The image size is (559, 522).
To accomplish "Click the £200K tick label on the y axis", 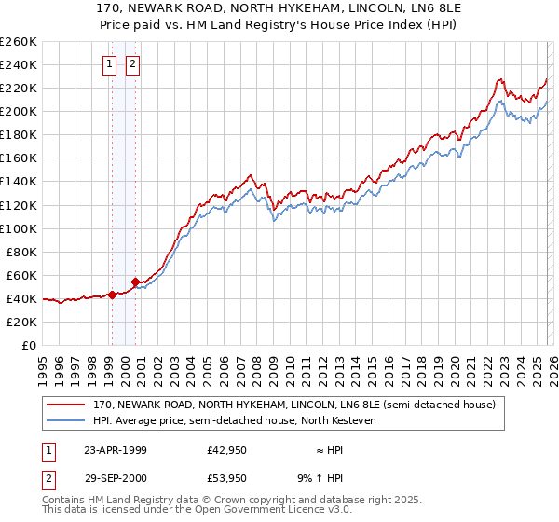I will pos(18,111).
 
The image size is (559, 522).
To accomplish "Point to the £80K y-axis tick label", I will pos(20,251).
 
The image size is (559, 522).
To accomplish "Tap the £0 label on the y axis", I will pos(29,345).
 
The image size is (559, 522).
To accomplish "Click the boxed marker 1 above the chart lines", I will pos(111,64).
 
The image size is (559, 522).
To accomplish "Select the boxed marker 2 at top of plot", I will pos(133,64).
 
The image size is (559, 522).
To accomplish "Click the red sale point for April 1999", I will pos(113,295).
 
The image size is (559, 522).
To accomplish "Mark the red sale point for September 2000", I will pos(136,282).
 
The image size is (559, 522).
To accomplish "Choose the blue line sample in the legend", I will pos(66,420).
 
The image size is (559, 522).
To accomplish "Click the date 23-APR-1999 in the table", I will pos(115,449).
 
